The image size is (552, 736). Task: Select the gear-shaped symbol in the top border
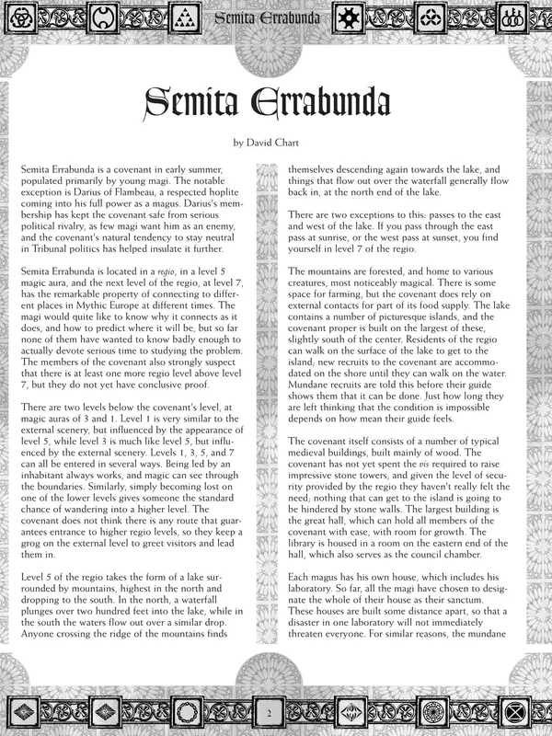click(x=349, y=17)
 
